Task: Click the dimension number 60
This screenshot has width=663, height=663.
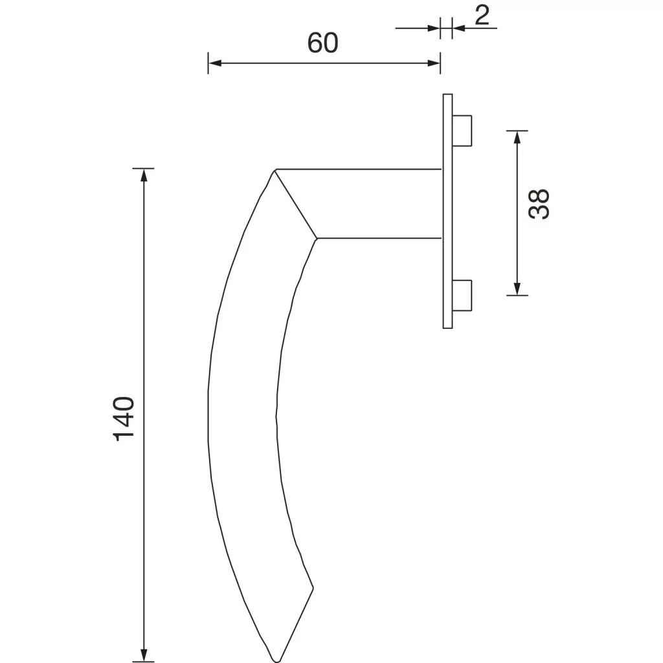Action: (322, 43)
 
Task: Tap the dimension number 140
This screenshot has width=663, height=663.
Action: (124, 419)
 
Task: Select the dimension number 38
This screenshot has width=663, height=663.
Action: (539, 204)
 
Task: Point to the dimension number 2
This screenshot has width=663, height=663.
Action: (482, 16)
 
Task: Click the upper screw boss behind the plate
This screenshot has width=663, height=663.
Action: (462, 130)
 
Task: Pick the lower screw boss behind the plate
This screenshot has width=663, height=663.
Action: (462, 295)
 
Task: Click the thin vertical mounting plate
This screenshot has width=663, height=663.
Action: (447, 211)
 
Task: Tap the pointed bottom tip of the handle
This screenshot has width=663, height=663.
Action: (276, 660)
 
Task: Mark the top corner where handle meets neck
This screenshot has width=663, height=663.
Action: (275, 170)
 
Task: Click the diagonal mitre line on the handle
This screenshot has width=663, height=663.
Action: (296, 204)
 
